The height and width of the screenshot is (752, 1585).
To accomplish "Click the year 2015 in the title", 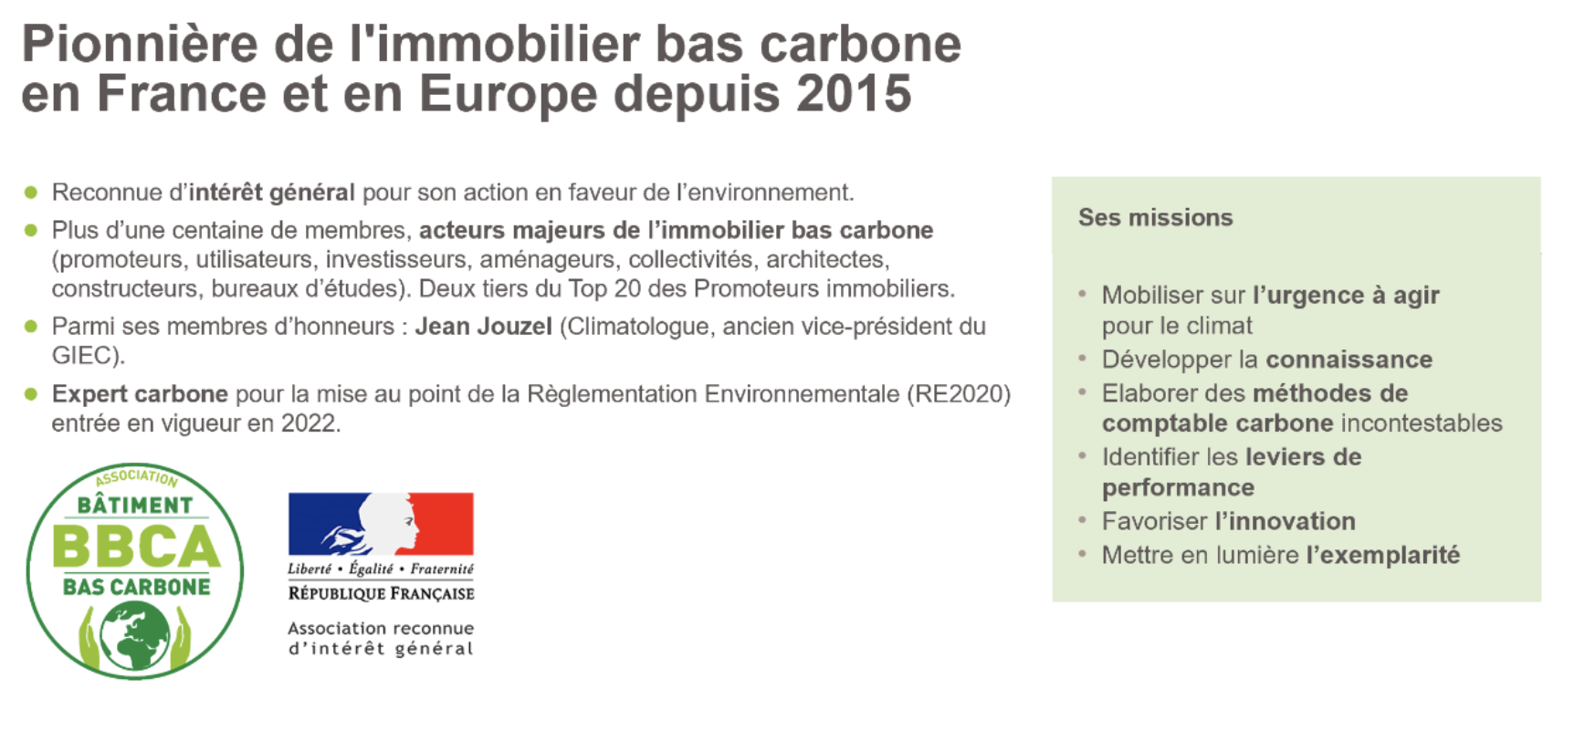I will tap(853, 94).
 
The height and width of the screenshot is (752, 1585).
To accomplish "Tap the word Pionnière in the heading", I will tap(139, 44).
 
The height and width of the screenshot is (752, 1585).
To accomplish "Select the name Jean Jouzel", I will tap(483, 327).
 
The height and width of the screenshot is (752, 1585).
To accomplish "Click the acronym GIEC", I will tap(83, 356).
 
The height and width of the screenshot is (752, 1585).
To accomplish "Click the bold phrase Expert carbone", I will tap(140, 394).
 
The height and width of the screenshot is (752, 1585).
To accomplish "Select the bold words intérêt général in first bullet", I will tap(271, 193).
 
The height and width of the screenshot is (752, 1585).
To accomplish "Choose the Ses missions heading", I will tap(1155, 217).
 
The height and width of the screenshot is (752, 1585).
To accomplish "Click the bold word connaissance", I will tap(1349, 360).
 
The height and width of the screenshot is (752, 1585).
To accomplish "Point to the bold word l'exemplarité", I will tap(1382, 555).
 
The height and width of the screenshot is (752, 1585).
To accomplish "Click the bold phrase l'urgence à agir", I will tap(1346, 296).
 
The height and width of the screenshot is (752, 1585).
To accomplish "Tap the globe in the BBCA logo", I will tap(135, 635).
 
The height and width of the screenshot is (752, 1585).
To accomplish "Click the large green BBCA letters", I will tap(136, 547).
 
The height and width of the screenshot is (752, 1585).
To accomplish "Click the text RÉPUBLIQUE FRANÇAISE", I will tap(381, 594).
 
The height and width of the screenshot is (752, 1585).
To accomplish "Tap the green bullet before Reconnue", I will tap(31, 193).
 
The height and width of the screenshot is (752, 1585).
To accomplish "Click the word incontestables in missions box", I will tap(1422, 423).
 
